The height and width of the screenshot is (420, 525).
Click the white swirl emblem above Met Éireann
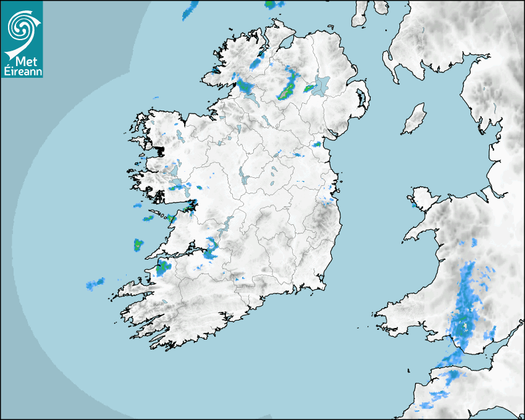point(22,27)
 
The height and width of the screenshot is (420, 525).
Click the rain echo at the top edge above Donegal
point(191,7)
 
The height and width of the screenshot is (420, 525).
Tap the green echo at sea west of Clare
point(138,244)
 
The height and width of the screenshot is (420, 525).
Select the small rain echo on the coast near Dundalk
point(317,145)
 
